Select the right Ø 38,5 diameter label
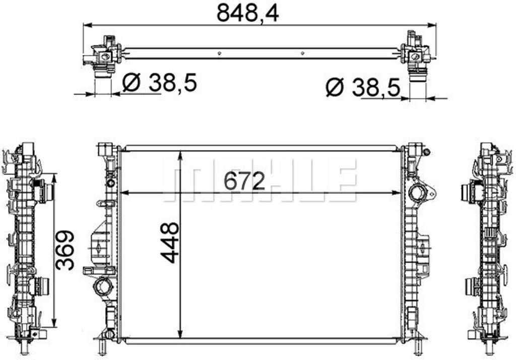[363, 87]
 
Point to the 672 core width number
[244, 181]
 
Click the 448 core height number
[169, 243]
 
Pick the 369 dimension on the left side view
[65, 250]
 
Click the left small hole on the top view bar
[220, 53]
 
